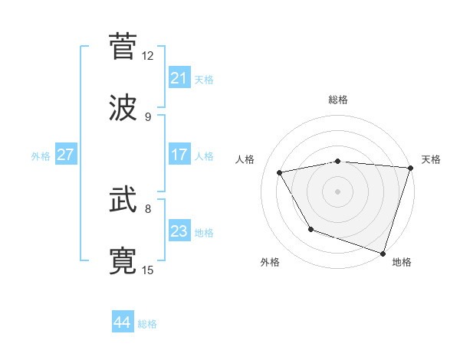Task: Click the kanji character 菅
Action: (x=123, y=45)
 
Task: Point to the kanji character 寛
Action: (x=123, y=261)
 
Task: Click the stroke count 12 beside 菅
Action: (x=148, y=56)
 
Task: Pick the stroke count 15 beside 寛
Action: (x=148, y=270)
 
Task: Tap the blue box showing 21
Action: (x=179, y=78)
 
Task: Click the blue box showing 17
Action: (x=179, y=155)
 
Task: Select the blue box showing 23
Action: (x=179, y=231)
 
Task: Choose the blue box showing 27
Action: (x=65, y=155)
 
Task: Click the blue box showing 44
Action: (x=122, y=322)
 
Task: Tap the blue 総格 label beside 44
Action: (x=147, y=324)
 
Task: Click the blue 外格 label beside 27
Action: (x=41, y=156)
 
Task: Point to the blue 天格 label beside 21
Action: (x=204, y=80)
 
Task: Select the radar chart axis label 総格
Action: (x=338, y=100)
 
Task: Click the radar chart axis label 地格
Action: (x=402, y=262)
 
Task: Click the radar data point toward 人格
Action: (x=280, y=173)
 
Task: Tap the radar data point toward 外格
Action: (x=310, y=229)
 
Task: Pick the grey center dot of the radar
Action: (x=338, y=191)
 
